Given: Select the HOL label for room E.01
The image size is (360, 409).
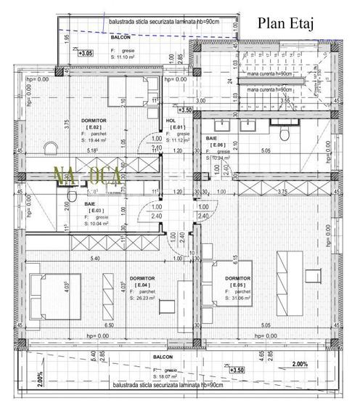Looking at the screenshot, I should click(171, 121).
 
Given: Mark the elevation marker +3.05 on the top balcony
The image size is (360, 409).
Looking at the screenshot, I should click(85, 53).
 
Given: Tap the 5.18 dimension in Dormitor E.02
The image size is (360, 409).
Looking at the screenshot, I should click(91, 151).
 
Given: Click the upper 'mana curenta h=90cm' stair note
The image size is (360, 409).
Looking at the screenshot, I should click(269, 74).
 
